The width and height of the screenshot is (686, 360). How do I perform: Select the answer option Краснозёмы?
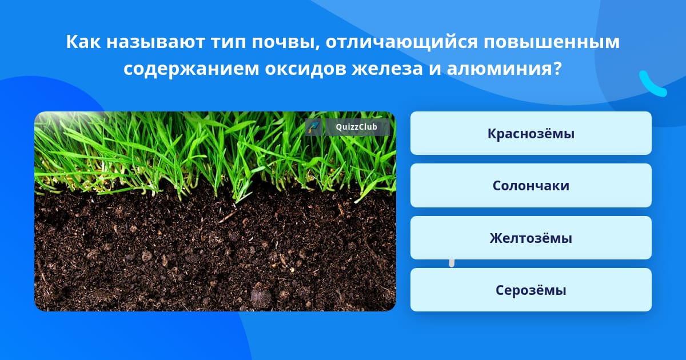[x=531, y=133]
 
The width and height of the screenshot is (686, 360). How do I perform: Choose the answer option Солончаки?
[x=531, y=186]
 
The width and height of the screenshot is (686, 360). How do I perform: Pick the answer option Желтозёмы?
[x=531, y=238]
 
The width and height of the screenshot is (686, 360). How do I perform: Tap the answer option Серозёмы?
[x=531, y=290]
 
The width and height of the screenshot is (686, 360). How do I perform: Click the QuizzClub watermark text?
[x=356, y=127]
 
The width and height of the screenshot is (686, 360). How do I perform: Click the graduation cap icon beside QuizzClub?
[x=313, y=127]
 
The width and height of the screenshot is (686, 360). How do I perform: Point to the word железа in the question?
[x=387, y=69]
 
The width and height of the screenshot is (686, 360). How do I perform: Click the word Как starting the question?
[x=83, y=41]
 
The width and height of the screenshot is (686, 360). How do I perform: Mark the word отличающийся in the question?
[x=401, y=42]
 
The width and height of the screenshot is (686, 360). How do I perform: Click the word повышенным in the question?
[x=552, y=41]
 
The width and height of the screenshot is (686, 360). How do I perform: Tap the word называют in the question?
[x=155, y=41]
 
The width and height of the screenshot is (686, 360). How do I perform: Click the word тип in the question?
[x=229, y=41]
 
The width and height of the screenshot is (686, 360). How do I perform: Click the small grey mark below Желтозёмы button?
[x=452, y=263]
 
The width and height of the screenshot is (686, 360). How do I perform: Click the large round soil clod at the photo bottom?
[x=261, y=297]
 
